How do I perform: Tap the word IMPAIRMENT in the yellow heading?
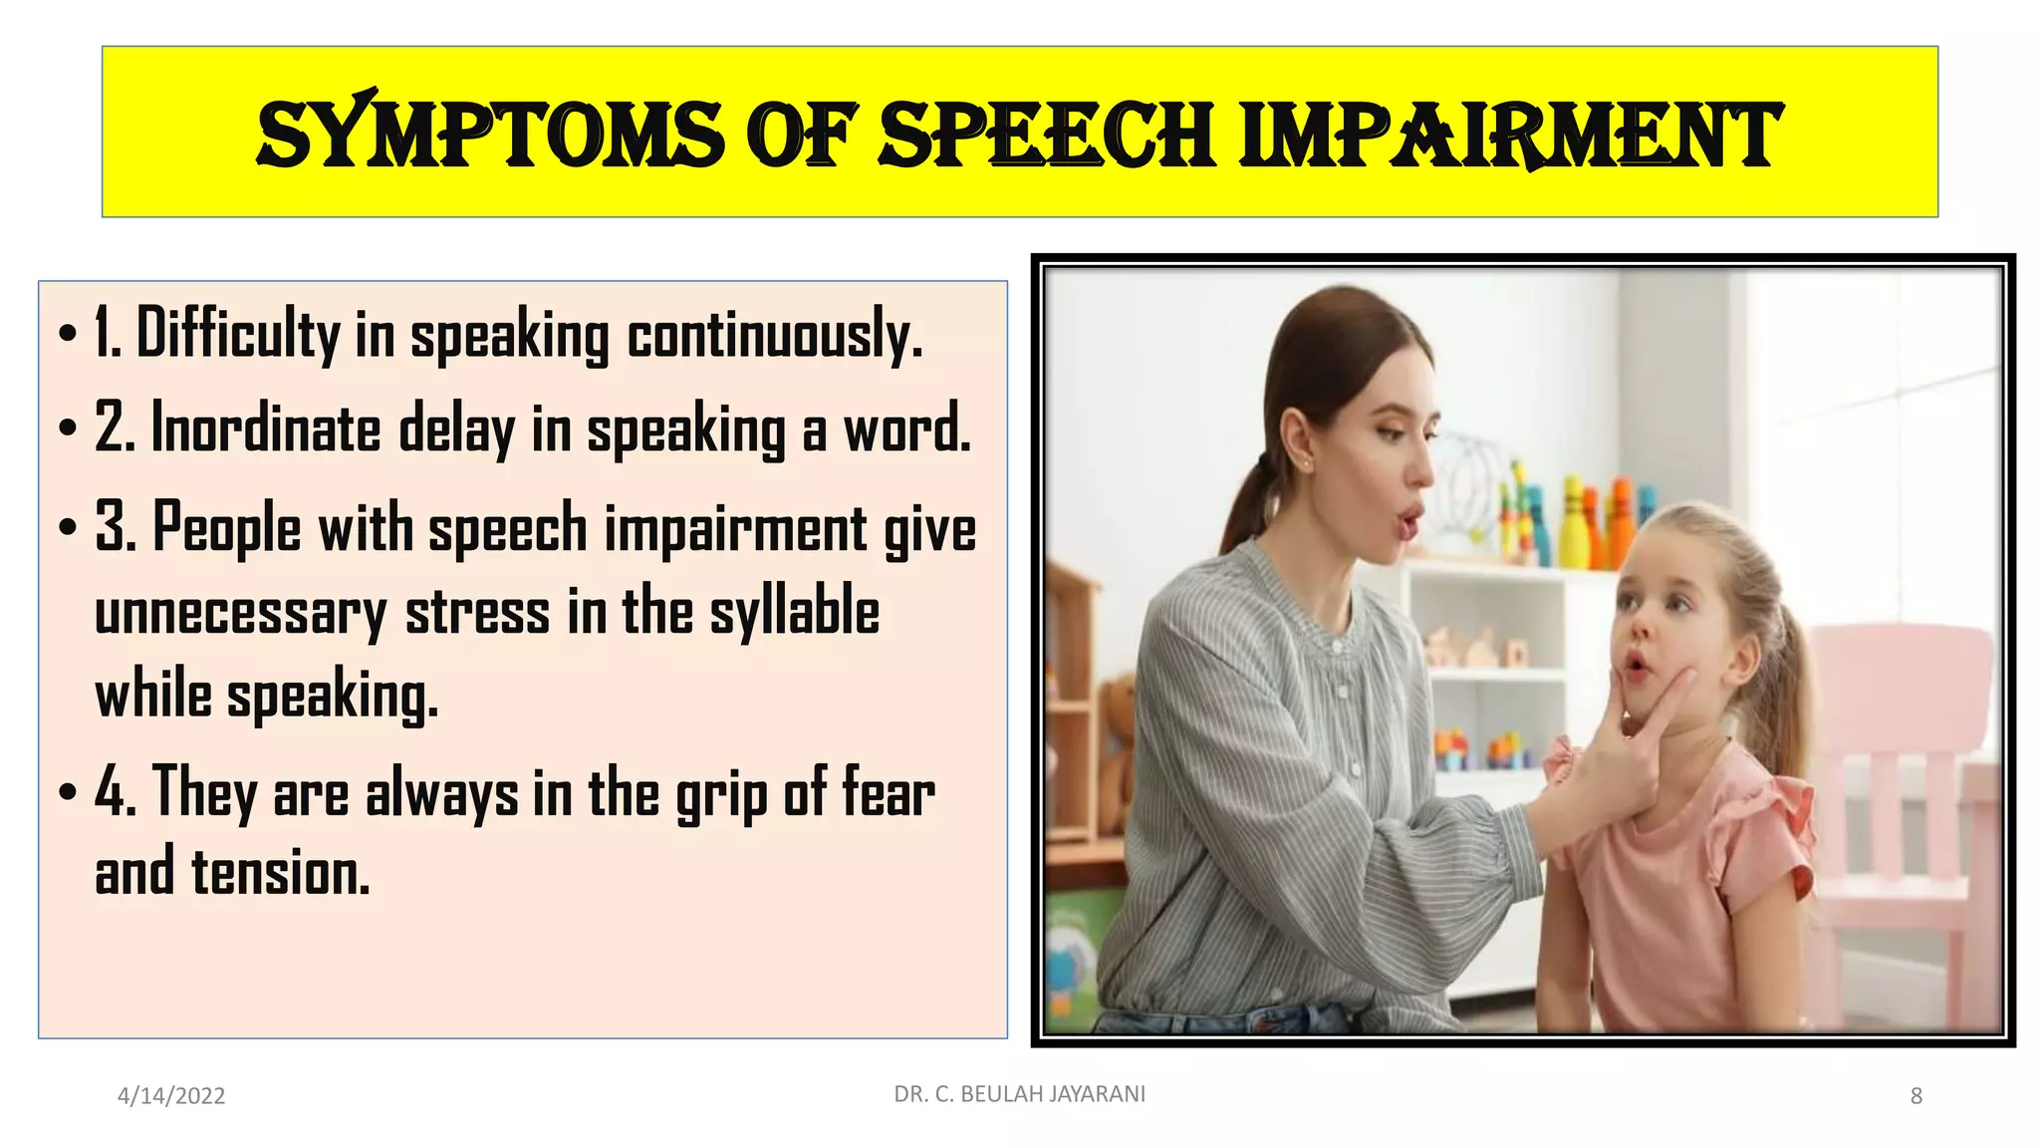[1510, 135]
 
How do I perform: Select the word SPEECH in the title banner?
[1047, 135]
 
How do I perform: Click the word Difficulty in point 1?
[238, 334]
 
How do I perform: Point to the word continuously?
[775, 336]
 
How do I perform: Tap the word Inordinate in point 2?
[266, 430]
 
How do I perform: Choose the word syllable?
[795, 612]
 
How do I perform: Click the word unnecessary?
[240, 614]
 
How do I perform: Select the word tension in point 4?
[280, 873]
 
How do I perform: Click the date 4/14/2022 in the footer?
[171, 1096]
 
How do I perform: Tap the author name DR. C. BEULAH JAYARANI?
[1020, 1094]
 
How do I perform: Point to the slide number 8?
[1915, 1096]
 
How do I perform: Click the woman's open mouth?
[1409, 520]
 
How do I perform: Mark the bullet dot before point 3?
[67, 527]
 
